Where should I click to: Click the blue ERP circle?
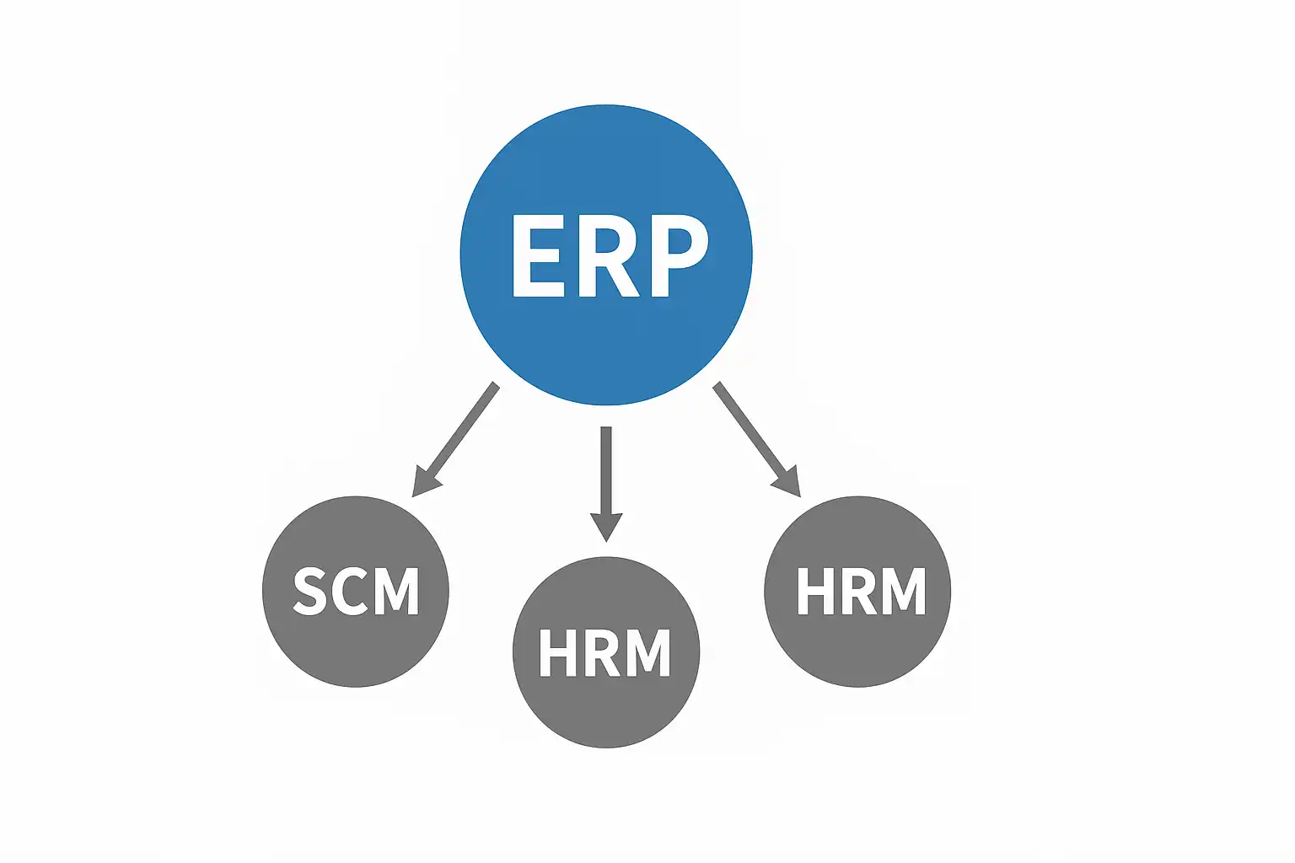(x=606, y=255)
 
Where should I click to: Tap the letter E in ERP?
(x=539, y=255)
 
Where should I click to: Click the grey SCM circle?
(x=356, y=592)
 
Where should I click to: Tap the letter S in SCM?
(x=311, y=592)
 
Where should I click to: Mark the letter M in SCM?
(x=395, y=592)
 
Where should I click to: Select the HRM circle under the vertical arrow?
(x=606, y=652)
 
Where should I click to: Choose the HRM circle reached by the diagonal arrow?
(x=857, y=592)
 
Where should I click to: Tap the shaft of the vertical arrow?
(x=606, y=470)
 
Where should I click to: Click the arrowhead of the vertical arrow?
(x=606, y=526)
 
